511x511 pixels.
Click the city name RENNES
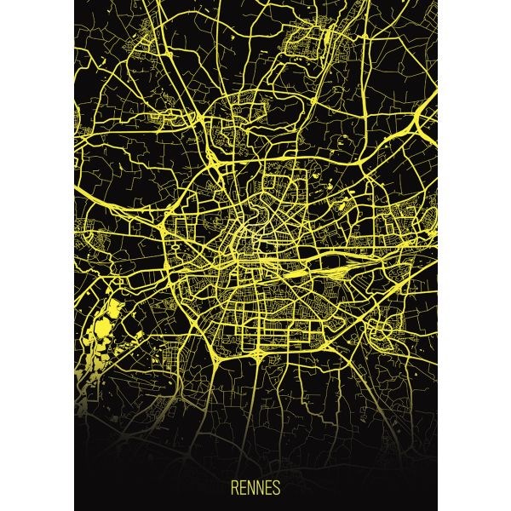pyautogui.click(x=255, y=490)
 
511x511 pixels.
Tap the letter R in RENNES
pyautogui.click(x=235, y=490)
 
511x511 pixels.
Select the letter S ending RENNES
pyautogui.click(x=276, y=490)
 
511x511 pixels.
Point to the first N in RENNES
pyautogui.click(x=251, y=490)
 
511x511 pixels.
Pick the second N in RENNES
pyautogui.click(x=260, y=490)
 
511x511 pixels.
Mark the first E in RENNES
pyautogui.click(x=243, y=490)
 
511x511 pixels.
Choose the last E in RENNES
pyautogui.click(x=268, y=490)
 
